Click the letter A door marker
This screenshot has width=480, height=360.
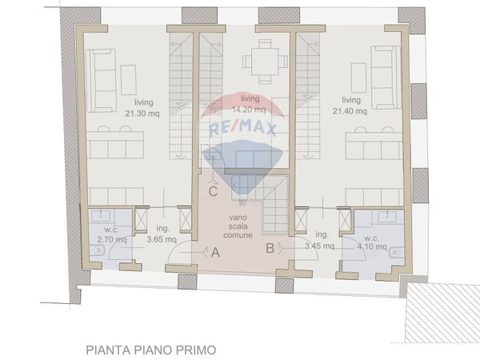click(x=215, y=253)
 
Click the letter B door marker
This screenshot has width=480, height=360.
click(x=270, y=248)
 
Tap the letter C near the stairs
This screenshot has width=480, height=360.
click(x=213, y=191)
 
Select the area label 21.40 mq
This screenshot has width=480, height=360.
click(x=352, y=111)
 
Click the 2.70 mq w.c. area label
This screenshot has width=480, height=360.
click(x=105, y=239)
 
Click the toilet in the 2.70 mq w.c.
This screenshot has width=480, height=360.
click(x=98, y=250)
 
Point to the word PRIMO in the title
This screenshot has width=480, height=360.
click(x=195, y=350)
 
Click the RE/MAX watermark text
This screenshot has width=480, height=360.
click(x=242, y=130)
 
